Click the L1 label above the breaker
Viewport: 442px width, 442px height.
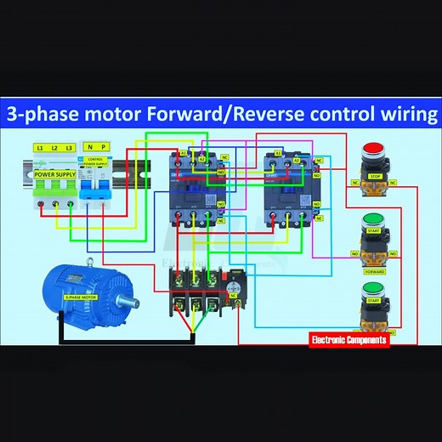click(39, 147)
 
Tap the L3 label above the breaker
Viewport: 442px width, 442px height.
click(70, 147)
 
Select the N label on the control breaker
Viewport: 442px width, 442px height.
click(88, 147)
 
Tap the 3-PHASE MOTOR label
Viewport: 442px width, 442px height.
click(82, 297)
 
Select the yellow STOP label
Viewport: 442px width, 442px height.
click(374, 176)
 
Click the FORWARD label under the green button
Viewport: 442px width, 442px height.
click(374, 273)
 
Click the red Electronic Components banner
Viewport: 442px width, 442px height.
click(349, 339)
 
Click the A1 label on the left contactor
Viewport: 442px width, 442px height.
click(183, 153)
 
